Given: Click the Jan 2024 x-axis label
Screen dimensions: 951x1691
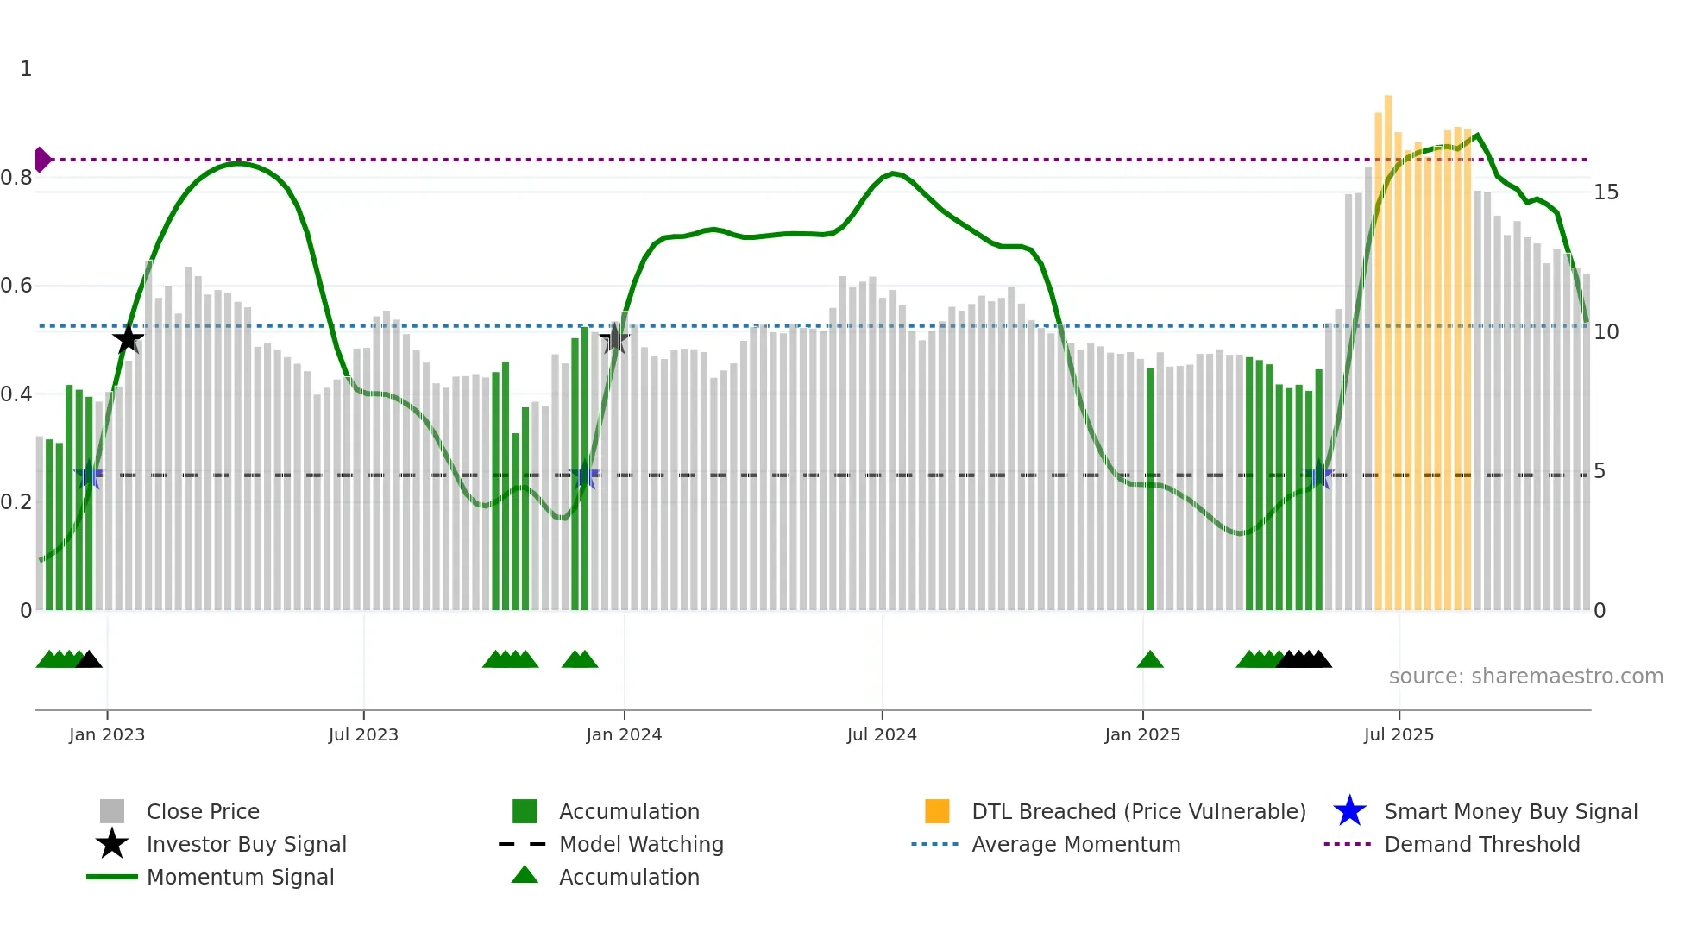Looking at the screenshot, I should click(624, 734).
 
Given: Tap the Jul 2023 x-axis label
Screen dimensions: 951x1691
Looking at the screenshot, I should click(363, 734).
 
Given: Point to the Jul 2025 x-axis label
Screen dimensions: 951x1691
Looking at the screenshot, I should click(1399, 734).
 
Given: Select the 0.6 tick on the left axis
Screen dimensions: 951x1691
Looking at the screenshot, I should click(16, 286).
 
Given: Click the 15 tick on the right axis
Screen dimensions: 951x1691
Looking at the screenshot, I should click(1606, 192).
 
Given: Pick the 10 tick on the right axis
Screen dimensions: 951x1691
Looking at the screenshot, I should click(1606, 332).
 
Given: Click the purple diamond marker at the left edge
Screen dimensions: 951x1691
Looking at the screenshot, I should click(41, 160).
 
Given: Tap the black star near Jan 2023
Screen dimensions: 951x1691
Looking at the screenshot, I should click(128, 339).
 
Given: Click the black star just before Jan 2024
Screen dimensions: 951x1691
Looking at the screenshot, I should click(614, 339).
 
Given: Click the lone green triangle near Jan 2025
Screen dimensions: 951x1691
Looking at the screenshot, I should click(1150, 660).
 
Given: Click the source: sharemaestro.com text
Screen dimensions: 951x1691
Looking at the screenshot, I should click(1525, 677).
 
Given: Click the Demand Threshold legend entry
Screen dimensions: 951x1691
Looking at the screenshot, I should click(1481, 845).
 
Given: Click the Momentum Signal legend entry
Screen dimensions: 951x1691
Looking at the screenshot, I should click(240, 878).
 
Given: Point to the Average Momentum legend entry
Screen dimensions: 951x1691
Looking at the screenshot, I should click(1075, 845).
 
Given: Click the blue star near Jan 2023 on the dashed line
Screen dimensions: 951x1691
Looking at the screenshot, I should click(89, 475).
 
